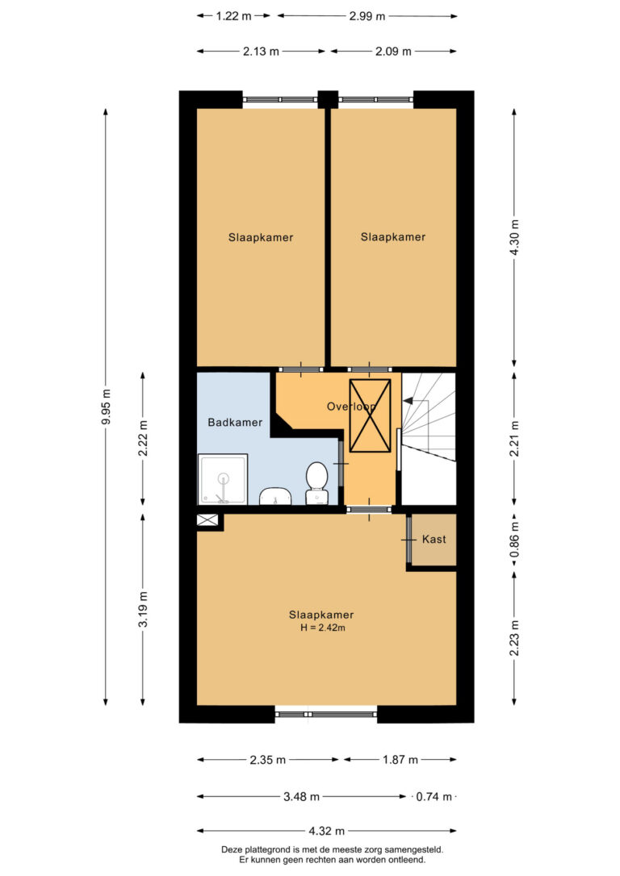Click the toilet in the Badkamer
(316, 482)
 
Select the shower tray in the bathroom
(223, 479)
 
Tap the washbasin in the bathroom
(275, 495)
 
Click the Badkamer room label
(235, 423)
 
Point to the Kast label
(434, 539)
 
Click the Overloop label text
(351, 407)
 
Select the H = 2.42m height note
(323, 628)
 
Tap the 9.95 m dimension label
(106, 407)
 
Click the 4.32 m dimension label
(326, 831)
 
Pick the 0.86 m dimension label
(514, 539)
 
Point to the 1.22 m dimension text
(233, 16)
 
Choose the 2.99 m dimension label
(367, 16)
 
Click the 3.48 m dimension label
(301, 797)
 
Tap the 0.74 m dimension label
(434, 797)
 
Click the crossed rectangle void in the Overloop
(370, 415)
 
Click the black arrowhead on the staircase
(408, 401)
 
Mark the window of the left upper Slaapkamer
(280, 100)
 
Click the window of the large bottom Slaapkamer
(326, 713)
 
